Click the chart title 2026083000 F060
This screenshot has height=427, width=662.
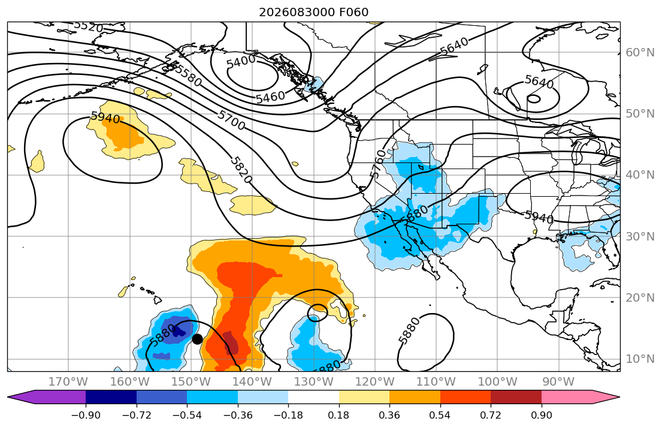click(313, 12)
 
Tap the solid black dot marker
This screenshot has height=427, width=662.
click(197, 339)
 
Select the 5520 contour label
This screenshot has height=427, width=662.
click(88, 26)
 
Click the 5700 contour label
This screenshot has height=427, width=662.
click(231, 120)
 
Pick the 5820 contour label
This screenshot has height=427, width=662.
click(241, 170)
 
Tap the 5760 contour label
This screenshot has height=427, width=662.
click(378, 163)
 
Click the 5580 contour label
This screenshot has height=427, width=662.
click(188, 76)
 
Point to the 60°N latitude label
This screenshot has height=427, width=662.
click(640, 52)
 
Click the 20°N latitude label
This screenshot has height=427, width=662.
click(640, 297)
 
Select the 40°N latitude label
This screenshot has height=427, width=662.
click(640, 175)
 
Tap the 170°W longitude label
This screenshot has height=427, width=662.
click(68, 382)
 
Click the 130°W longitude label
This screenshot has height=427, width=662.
click(313, 382)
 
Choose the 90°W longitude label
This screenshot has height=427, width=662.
click(558, 382)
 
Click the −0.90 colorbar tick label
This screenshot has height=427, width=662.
click(86, 415)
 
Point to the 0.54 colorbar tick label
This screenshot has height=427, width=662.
click(440, 415)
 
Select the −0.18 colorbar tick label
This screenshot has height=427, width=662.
click(288, 415)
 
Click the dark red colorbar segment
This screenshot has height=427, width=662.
click(516, 397)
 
